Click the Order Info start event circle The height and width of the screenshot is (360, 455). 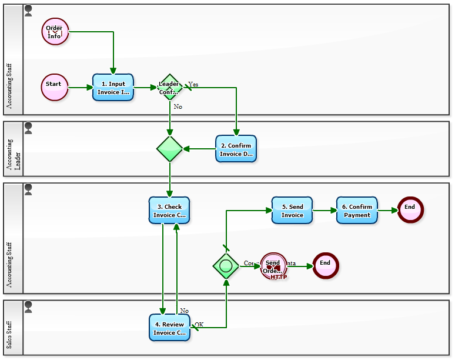[55, 31]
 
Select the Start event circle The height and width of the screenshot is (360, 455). [55, 88]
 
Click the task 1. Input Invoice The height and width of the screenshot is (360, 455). [113, 88]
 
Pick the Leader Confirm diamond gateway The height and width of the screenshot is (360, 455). [170, 88]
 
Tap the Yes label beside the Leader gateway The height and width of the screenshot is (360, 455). [193, 85]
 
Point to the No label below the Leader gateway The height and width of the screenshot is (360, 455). [178, 107]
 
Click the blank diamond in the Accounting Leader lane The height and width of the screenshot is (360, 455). [170, 149]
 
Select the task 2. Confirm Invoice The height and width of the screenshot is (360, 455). [236, 149]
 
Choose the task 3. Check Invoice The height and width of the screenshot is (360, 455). [169, 211]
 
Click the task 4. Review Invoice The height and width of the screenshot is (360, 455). [169, 328]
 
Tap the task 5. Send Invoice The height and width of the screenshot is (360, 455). [292, 211]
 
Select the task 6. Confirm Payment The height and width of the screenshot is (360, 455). [357, 211]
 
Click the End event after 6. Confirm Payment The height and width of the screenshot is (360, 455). [410, 209]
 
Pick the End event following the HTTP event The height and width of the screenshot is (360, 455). [325, 266]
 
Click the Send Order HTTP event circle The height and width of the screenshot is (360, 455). [273, 266]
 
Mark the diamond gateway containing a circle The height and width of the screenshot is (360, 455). [226, 266]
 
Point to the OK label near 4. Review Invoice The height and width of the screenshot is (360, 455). [199, 324]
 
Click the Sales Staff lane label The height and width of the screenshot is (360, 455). [13, 328]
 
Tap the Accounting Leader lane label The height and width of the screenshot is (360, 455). [13, 149]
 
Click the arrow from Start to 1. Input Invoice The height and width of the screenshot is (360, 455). [81, 88]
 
